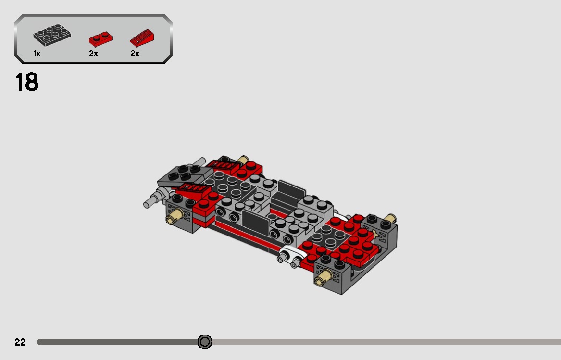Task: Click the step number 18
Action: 27,82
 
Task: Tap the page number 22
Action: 20,342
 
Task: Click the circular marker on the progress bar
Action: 205,342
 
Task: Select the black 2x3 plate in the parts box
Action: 52,35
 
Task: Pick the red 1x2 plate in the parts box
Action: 100,38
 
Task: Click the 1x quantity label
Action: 37,54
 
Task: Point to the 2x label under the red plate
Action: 93,54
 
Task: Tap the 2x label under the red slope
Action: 135,54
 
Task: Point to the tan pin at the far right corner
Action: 390,218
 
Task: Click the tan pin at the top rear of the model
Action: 242,160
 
